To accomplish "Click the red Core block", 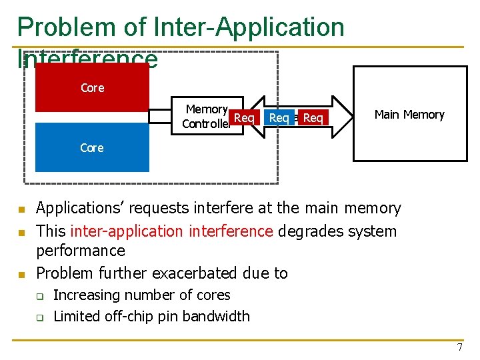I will point(92,87).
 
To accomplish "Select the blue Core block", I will point(92,148).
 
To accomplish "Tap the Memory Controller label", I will point(207,116).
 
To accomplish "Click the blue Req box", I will point(279,118).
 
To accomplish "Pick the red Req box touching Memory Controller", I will point(244,118).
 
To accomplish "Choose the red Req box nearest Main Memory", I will point(313,118).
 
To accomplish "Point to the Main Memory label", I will point(409,115).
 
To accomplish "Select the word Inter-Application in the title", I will point(249,28).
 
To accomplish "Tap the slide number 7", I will point(459,347).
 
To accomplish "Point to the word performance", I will point(81,251).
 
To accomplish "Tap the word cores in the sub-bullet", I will point(211,295).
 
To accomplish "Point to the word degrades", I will point(309,231).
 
